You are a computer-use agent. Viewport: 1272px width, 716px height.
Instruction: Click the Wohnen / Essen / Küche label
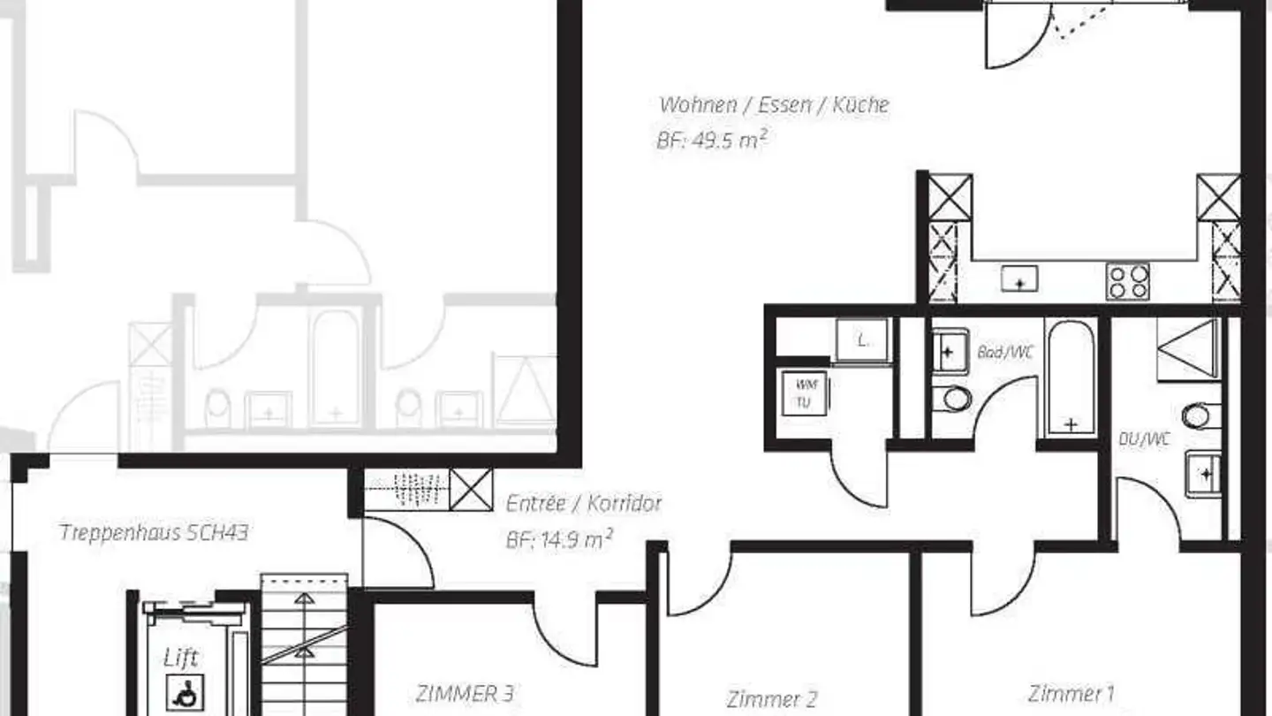pyautogui.click(x=774, y=104)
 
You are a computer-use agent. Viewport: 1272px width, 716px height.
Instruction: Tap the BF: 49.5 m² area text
pyautogui.click(x=709, y=141)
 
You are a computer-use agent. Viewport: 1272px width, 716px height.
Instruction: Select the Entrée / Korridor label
pyautogui.click(x=584, y=504)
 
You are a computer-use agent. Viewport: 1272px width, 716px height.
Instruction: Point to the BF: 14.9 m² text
pyautogui.click(x=559, y=539)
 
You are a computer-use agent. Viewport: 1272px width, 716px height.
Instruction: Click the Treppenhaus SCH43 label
pyautogui.click(x=154, y=532)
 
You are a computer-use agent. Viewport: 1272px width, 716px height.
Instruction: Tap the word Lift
pyautogui.click(x=181, y=658)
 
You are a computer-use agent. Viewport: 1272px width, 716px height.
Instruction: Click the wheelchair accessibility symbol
pyautogui.click(x=185, y=692)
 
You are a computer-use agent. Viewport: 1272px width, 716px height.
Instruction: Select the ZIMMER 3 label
pyautogui.click(x=464, y=693)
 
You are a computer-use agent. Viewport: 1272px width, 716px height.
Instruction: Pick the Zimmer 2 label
pyautogui.click(x=771, y=699)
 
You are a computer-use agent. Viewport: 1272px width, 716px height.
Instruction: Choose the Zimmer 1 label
pyautogui.click(x=1071, y=692)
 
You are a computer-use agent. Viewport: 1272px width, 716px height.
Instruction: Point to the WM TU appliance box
pyautogui.click(x=803, y=392)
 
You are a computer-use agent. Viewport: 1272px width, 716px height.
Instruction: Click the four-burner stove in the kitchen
pyautogui.click(x=1128, y=282)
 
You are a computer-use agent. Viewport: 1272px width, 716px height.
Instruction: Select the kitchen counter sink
pyautogui.click(x=1018, y=280)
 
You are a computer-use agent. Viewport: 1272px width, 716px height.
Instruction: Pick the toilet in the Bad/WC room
pyautogui.click(x=955, y=398)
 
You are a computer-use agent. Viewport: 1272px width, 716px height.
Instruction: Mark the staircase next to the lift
pyautogui.click(x=305, y=645)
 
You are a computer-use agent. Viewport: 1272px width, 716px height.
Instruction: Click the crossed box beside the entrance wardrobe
pyautogui.click(x=471, y=490)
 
